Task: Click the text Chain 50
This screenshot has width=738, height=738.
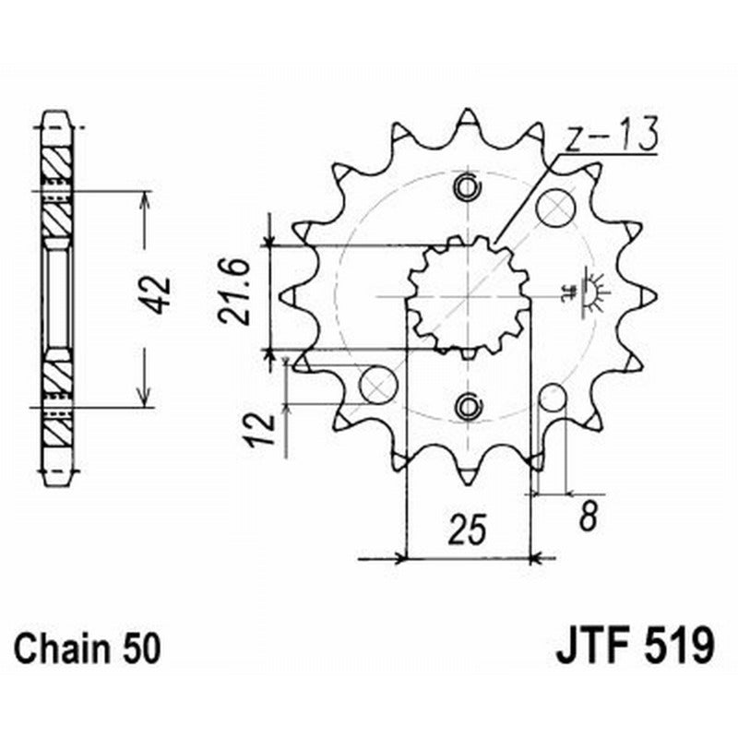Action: (88, 645)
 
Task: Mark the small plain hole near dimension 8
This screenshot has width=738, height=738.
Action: (553, 399)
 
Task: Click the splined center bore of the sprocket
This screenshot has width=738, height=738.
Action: (467, 296)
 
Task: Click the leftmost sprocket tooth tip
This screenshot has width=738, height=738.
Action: (284, 296)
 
